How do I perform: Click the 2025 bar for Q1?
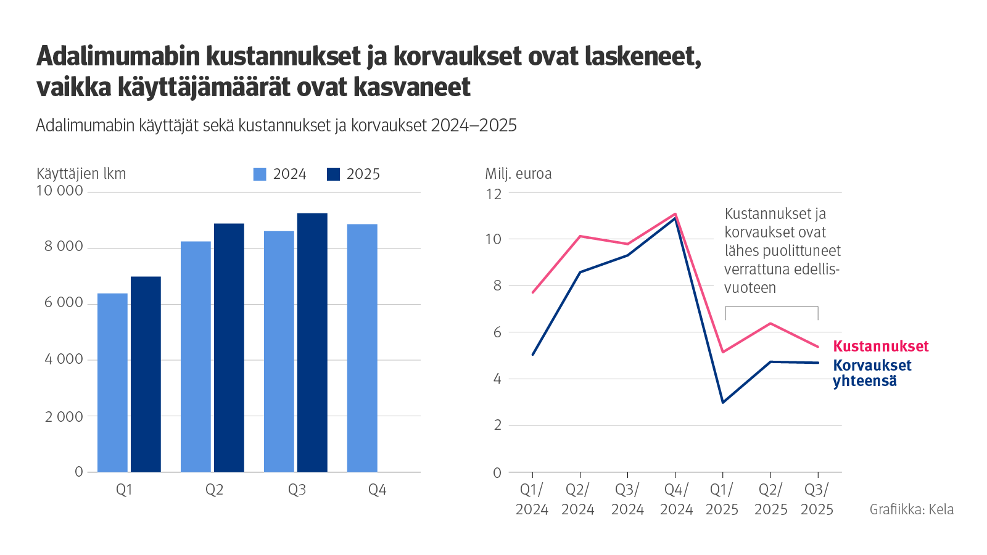tap(146, 374)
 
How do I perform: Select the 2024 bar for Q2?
tap(196, 356)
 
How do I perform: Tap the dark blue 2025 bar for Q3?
tap(312, 342)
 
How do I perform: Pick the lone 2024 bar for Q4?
tap(362, 348)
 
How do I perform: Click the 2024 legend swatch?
tap(260, 175)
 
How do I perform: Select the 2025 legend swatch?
tap(333, 175)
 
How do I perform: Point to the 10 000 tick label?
tap(60, 191)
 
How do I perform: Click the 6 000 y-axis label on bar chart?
tap(63, 303)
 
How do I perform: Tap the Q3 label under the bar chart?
tap(297, 490)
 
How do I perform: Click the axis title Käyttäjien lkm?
tap(81, 174)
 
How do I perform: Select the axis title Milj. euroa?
tap(518, 174)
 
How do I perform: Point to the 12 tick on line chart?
tap(493, 194)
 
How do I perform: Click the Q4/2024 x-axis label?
tap(676, 499)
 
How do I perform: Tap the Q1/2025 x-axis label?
tap(722, 499)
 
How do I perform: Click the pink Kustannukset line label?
tap(880, 347)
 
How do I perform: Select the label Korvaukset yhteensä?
tap(872, 373)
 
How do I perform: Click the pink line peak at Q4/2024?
tap(675, 214)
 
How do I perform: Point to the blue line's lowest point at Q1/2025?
tap(722, 403)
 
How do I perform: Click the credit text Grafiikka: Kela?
tap(911, 509)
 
